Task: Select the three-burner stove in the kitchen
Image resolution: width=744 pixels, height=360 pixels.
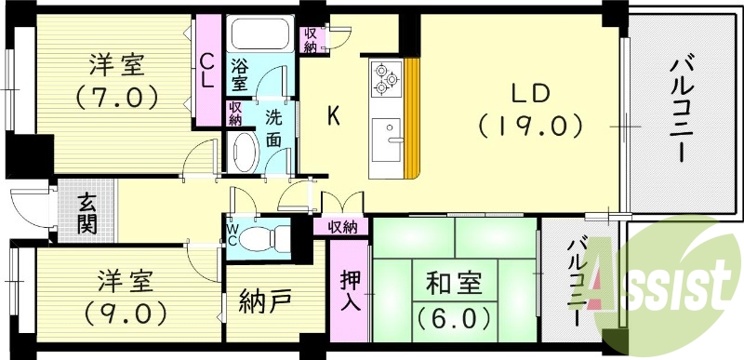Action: tap(385, 78)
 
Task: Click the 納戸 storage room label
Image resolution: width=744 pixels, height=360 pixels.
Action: tap(264, 302)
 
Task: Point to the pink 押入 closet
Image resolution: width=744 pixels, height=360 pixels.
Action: tap(352, 290)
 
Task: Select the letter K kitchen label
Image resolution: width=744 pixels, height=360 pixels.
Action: tap(332, 116)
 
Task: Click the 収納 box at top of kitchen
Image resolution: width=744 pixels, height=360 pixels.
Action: tap(311, 39)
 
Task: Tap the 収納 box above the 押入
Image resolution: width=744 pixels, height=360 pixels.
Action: tap(341, 227)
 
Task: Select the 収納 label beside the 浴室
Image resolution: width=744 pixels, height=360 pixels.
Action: tap(236, 113)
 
